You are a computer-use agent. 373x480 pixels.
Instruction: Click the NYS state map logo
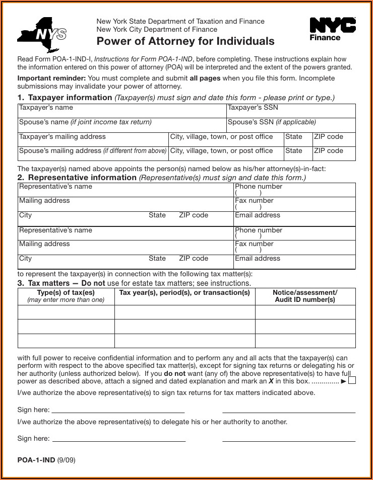pos(42,35)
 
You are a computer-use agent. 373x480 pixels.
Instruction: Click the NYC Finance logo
pos(332,29)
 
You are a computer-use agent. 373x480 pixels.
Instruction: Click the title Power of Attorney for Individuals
pos(185,41)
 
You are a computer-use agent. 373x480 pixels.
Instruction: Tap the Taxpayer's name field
pos(122,112)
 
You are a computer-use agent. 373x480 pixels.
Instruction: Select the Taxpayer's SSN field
pos(291,112)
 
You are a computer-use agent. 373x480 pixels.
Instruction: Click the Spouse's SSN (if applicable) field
pos(291,126)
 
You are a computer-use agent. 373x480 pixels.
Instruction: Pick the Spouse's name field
pos(122,126)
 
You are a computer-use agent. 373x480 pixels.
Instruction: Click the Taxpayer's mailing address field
pos(93,140)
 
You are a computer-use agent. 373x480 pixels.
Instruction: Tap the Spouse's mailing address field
pos(93,154)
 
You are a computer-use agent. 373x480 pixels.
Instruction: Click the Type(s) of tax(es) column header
pos(66,296)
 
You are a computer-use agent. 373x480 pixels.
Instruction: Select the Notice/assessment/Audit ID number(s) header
pos(305,296)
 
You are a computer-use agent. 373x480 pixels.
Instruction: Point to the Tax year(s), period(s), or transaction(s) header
pos(184,293)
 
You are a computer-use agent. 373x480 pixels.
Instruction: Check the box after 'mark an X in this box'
pos(352,380)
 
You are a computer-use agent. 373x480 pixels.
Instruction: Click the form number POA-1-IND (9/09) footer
pos(46,460)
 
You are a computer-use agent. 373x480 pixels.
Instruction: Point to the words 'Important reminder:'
pos(52,78)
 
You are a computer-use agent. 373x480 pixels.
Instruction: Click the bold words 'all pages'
pos(205,78)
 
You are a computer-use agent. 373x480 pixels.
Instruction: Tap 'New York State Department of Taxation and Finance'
pos(180,22)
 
